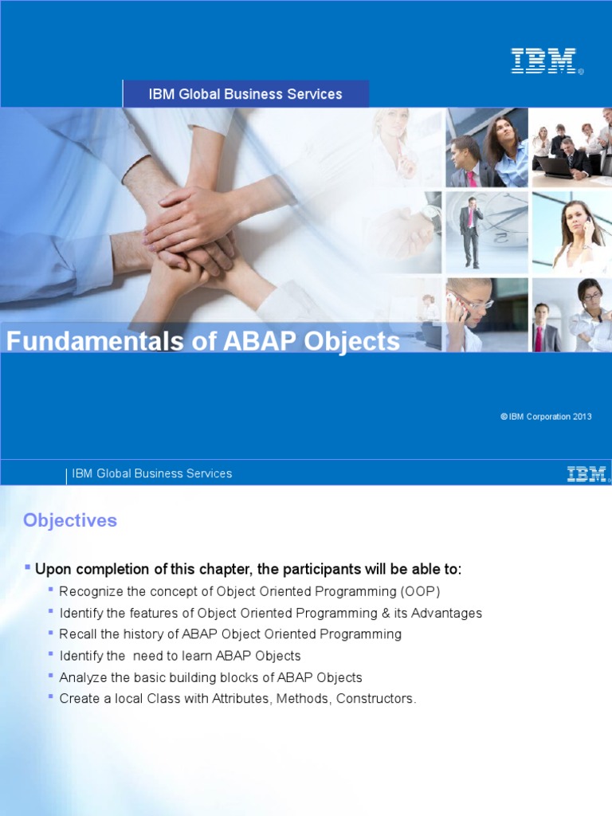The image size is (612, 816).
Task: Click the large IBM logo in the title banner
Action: coord(543,61)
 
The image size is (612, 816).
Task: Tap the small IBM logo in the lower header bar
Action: coord(586,474)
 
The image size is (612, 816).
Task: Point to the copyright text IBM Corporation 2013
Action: coord(550,417)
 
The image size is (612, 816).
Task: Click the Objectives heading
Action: coord(70,520)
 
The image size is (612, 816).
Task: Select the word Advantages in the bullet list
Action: coord(442,613)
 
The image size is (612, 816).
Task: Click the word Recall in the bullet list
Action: coord(77,634)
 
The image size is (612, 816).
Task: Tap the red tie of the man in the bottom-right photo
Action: coord(539,337)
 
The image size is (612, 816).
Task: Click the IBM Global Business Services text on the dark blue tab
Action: coord(245,94)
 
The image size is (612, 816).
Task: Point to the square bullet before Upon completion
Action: coord(28,567)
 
